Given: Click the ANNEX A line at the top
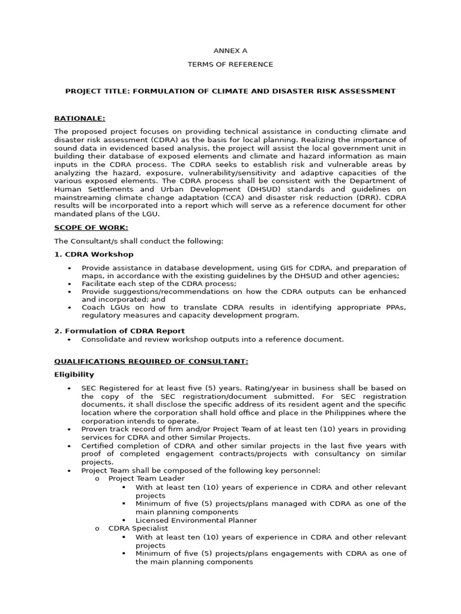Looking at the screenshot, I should pyautogui.click(x=230, y=52).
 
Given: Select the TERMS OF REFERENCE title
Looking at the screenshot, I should pyautogui.click(x=230, y=64).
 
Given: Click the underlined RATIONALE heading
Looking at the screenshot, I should pyautogui.click(x=79, y=119).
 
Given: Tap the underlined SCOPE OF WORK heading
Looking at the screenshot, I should pyautogui.click(x=91, y=227).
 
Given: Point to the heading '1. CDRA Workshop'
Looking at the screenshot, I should pyautogui.click(x=94, y=254).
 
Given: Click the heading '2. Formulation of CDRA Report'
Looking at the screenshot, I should pyautogui.click(x=119, y=331).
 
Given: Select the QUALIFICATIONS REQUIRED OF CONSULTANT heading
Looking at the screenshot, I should pyautogui.click(x=151, y=361).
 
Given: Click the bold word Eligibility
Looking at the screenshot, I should pyautogui.click(x=74, y=375).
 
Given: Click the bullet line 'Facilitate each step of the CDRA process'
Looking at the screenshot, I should pyautogui.click(x=159, y=284).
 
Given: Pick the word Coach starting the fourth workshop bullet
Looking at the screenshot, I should pyautogui.click(x=94, y=308).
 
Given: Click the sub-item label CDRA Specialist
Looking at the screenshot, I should pyautogui.click(x=139, y=529).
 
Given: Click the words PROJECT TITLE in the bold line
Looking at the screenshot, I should pyautogui.click(x=96, y=91).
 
